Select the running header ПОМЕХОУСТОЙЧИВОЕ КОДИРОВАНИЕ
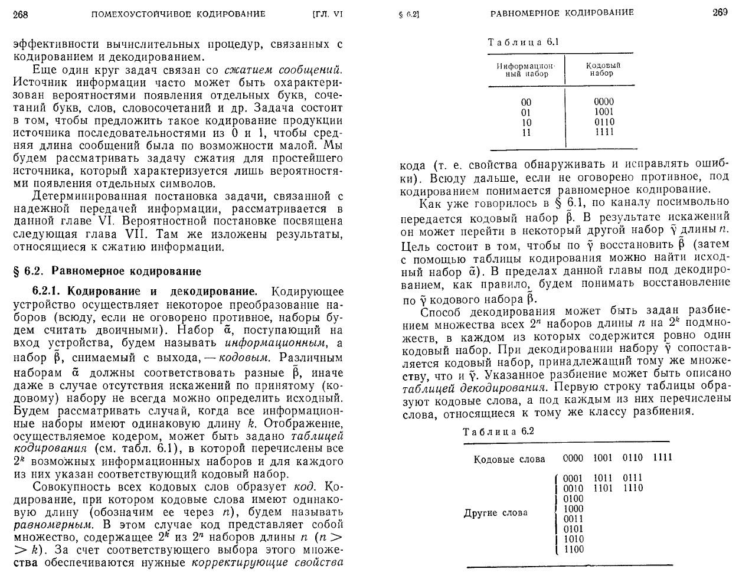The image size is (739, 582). [x=179, y=14]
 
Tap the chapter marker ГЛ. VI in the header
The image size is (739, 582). [x=327, y=14]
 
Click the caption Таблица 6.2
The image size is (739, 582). [x=498, y=431]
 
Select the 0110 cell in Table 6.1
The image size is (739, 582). [x=604, y=122]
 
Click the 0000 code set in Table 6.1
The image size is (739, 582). [x=604, y=102]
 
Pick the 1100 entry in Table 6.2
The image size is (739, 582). [x=573, y=549]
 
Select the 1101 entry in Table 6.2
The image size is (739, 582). [x=603, y=488]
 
